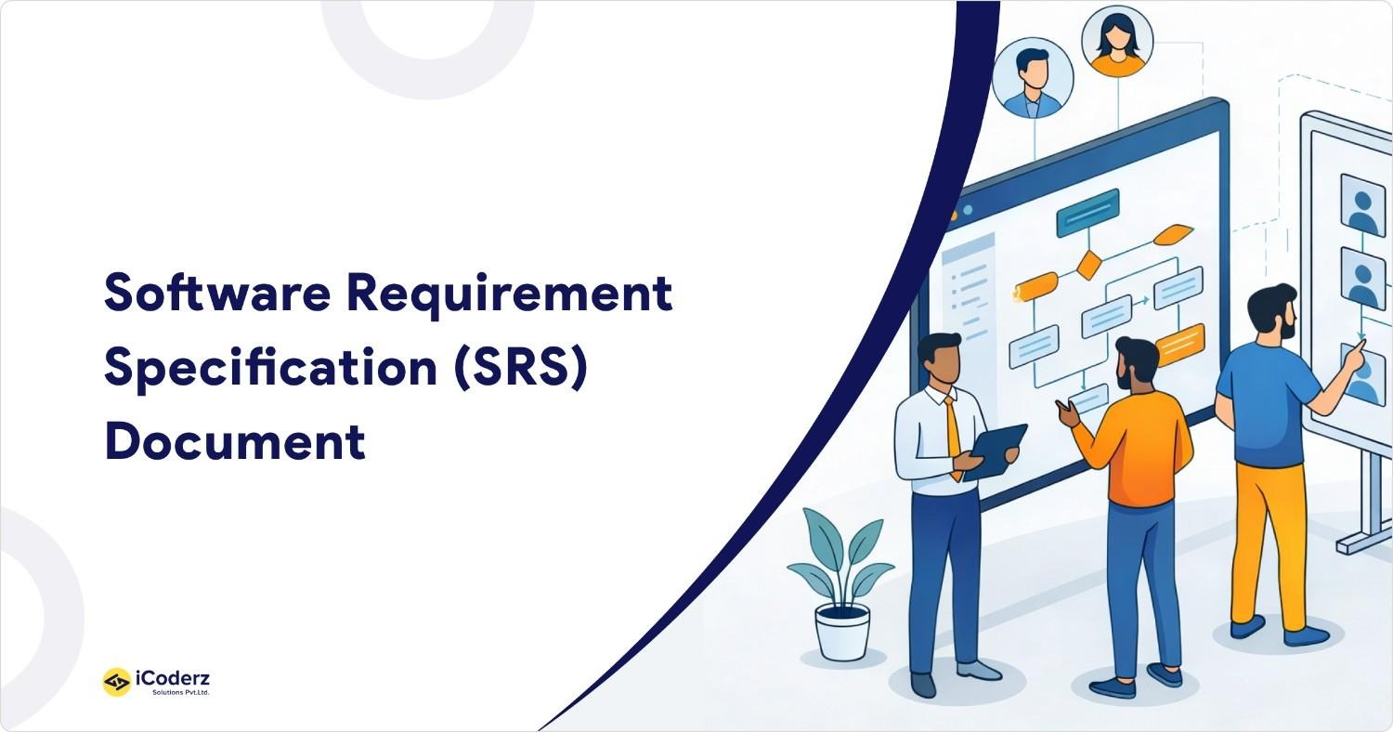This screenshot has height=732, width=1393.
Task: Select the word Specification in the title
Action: coord(270,369)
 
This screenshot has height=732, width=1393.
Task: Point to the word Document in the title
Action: coord(235,442)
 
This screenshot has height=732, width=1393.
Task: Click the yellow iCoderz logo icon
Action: coord(116,682)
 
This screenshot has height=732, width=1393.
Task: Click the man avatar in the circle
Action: coord(1032,78)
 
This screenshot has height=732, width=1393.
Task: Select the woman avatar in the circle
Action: coord(1117,43)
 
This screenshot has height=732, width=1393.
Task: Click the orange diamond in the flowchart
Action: coord(1088,265)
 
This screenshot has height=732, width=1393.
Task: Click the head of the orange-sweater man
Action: coord(1136,363)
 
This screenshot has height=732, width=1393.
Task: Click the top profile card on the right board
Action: coord(1362,205)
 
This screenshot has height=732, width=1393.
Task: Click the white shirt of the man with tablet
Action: coord(929,437)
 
